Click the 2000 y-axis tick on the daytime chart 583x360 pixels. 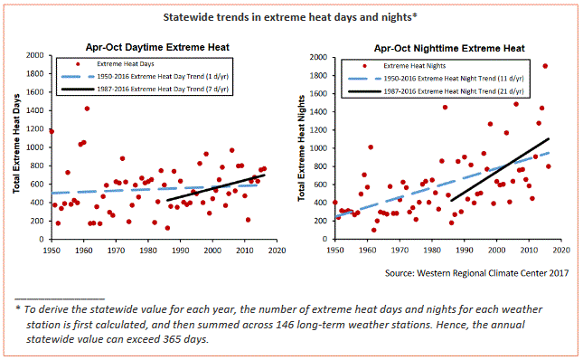coord(34,55)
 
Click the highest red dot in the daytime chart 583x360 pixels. coord(87,109)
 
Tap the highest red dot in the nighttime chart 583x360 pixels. coord(544,66)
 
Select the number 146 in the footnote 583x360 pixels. coord(409,324)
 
